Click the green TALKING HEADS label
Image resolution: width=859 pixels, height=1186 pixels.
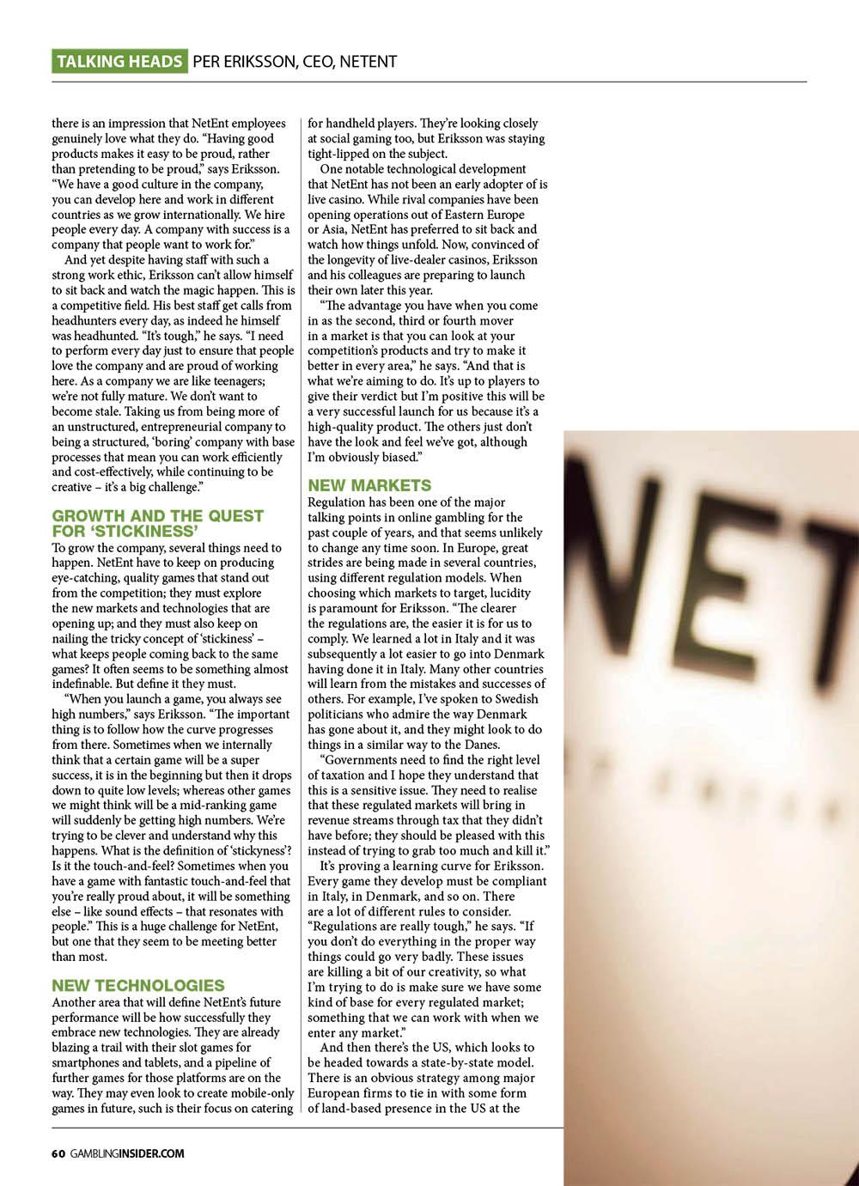119,61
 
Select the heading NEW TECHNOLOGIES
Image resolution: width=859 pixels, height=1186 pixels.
138,985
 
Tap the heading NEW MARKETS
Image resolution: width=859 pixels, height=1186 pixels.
370,485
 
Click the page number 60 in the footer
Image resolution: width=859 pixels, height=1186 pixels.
58,1153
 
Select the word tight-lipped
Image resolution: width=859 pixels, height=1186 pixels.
341,154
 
